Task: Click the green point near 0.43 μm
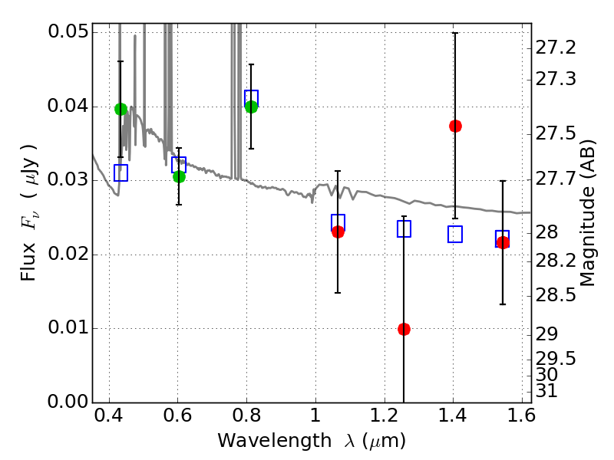pyautogui.click(x=121, y=109)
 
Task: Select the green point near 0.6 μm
pyautogui.click(x=179, y=177)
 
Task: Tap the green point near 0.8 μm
pyautogui.click(x=252, y=107)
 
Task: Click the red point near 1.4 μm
pyautogui.click(x=455, y=126)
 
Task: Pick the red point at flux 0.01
pyautogui.click(x=404, y=330)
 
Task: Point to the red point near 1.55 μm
pyautogui.click(x=503, y=242)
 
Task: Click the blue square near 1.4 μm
pyautogui.click(x=455, y=234)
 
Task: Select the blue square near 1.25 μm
pyautogui.click(x=404, y=228)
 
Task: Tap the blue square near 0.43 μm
pyautogui.click(x=120, y=172)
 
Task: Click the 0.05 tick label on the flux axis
pyautogui.click(x=68, y=31)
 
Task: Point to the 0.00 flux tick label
pyautogui.click(x=68, y=401)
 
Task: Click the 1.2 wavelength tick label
pyautogui.click(x=385, y=416)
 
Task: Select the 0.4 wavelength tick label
pyautogui.click(x=109, y=416)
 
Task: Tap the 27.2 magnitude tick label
pyautogui.click(x=556, y=48)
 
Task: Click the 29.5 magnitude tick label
pyautogui.click(x=556, y=359)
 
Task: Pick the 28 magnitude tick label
pyautogui.click(x=546, y=232)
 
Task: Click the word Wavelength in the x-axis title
pyautogui.click(x=275, y=440)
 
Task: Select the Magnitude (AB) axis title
pyautogui.click(x=586, y=213)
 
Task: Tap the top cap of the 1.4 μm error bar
pyautogui.click(x=455, y=33)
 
